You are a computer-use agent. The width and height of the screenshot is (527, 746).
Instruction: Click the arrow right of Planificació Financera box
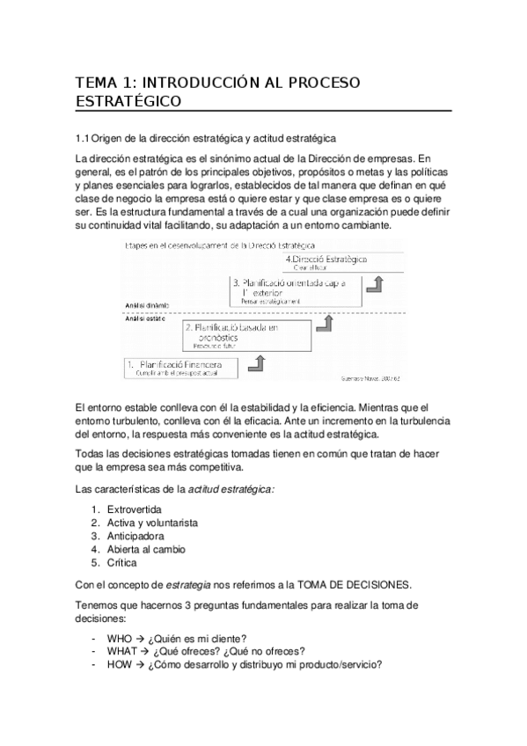(x=259, y=362)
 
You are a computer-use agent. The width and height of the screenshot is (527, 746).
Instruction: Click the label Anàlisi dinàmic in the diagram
(x=145, y=305)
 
